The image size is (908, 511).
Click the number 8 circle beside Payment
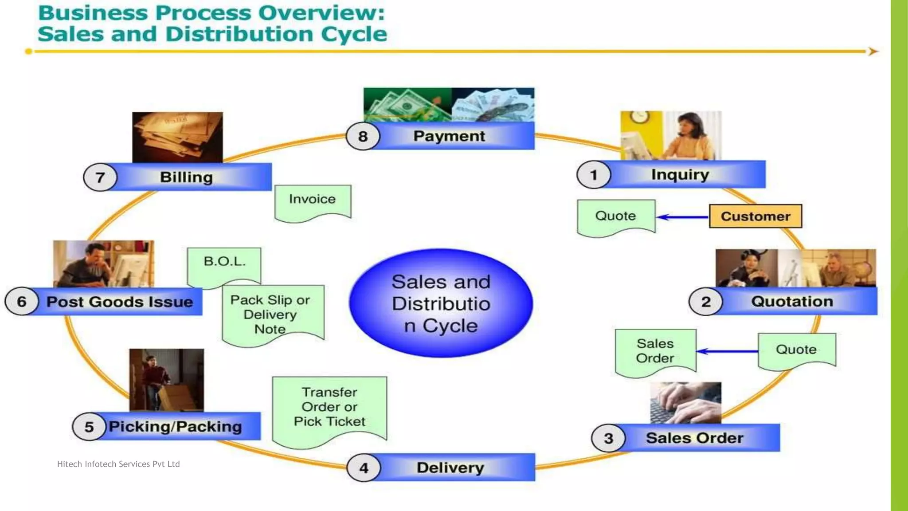pos(363,136)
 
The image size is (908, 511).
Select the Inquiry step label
pos(680,174)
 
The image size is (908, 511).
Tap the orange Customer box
pos(755,216)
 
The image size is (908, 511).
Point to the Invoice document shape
pos(313,200)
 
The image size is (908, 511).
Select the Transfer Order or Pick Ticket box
pos(329,407)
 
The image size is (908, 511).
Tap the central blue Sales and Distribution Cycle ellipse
pos(441,303)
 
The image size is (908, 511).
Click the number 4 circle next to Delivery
pos(364,468)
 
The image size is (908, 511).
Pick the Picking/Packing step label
pos(176,426)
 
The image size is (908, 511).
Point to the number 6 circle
pos(22,302)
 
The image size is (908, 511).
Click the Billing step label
pos(186,177)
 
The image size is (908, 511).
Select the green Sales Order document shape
pos(655,351)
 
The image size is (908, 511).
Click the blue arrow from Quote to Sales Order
pos(727,351)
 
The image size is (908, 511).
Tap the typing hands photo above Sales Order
pos(685,402)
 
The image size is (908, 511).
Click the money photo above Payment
pos(449,104)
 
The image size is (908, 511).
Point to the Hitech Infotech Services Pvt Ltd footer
pos(118,464)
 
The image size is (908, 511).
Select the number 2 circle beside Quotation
pos(706,302)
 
